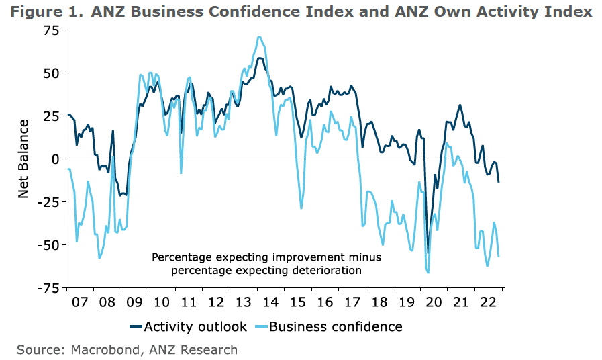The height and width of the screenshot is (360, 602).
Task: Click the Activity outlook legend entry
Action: [188, 327]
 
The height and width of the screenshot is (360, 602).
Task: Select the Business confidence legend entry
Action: [329, 327]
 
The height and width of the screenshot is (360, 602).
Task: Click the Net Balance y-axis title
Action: [23, 159]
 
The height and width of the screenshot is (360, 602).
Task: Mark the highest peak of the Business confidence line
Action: [259, 37]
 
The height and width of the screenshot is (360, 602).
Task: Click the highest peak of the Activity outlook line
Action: [260, 58]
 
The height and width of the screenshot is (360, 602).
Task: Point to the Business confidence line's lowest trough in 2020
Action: [428, 273]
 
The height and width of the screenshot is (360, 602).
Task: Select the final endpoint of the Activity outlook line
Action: [499, 182]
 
